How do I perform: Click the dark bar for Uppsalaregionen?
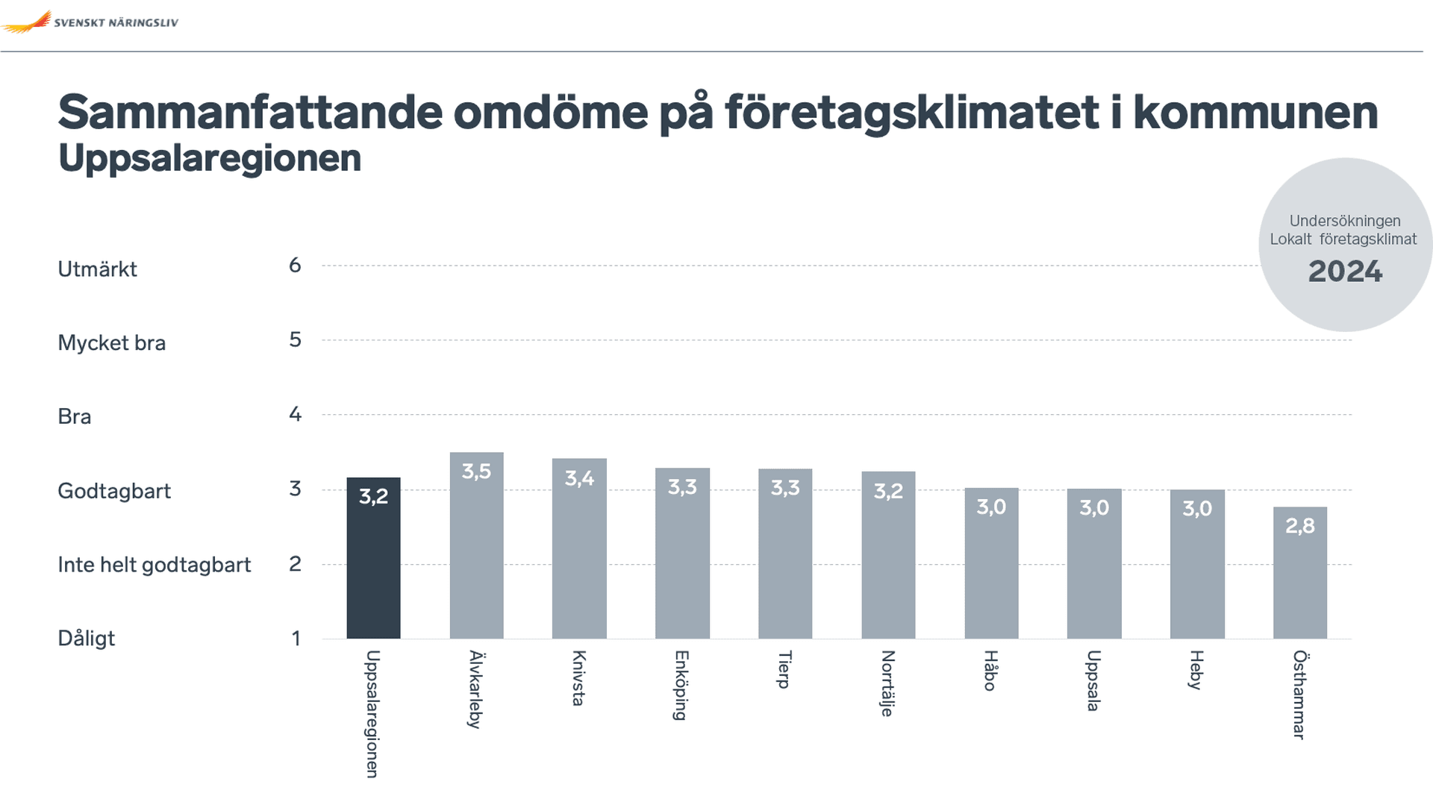coord(373,567)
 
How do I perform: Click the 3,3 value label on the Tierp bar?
coord(785,488)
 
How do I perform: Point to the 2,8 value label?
coord(1299,526)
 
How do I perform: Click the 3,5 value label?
coord(476,472)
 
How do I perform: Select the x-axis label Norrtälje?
coord(887,683)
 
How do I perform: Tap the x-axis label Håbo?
coord(990,671)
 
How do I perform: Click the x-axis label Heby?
coord(1196,670)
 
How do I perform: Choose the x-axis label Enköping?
coord(681,685)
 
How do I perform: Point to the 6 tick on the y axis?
coord(295,266)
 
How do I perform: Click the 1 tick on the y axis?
coord(296,639)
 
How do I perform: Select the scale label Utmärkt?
coord(97,269)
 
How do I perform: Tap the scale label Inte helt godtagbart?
coord(154,565)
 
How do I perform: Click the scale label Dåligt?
coord(86,639)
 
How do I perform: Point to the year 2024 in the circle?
coord(1345,272)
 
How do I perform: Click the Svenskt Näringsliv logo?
coord(90,22)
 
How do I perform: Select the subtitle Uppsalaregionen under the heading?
coord(210,158)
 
